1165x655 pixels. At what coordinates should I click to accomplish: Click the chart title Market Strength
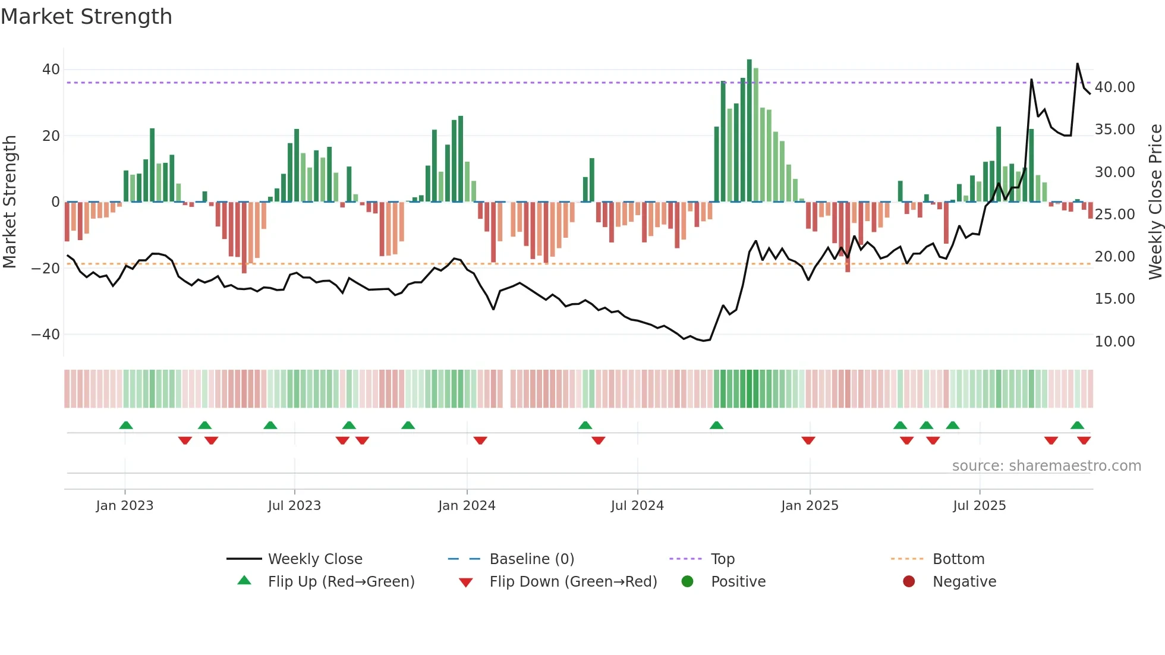pos(86,17)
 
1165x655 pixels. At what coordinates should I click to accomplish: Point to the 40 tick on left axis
pos(51,70)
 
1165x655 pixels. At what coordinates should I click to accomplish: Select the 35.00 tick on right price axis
pos(1114,130)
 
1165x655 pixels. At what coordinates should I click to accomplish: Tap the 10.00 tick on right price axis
pos(1114,342)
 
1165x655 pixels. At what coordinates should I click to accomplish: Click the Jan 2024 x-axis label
pos(467,506)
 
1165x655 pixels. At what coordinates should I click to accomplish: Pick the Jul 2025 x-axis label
pos(979,506)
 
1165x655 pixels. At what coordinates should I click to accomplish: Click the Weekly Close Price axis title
pos(1155,202)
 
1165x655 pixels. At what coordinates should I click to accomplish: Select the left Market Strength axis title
pos(10,202)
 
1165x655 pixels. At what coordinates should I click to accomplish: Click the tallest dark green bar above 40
pos(749,131)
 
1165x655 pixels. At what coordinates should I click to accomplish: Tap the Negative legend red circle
pos(909,582)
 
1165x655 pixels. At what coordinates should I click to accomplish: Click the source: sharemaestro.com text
pos(1046,466)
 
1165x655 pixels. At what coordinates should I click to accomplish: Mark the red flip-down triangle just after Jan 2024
pos(480,440)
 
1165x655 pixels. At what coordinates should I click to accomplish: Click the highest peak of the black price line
pos(1077,64)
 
